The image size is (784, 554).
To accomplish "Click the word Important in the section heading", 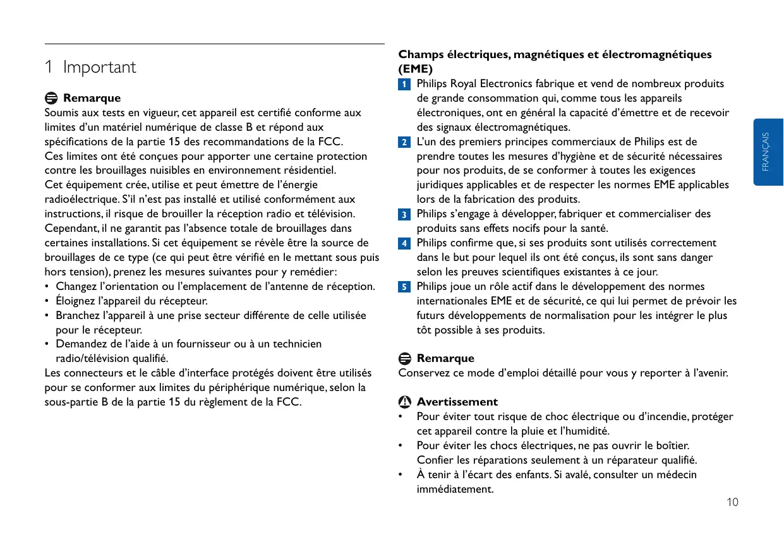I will pos(99,68).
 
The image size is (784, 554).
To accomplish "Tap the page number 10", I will pos(732,503).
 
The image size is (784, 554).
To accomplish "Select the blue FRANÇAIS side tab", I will pos(766,152).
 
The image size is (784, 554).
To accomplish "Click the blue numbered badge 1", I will pos(403,85).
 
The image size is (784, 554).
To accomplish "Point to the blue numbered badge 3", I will pos(403,215).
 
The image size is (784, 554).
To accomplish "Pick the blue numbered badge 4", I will pos(403,244).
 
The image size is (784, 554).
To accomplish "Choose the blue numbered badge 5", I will pos(403,287).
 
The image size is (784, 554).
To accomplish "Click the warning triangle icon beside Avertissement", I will pos(404,402).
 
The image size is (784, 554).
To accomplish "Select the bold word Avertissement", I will pos(457,402).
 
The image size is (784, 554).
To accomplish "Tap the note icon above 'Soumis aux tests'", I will pos(51,99).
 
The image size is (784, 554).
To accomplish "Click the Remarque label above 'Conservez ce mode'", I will pos(445,359).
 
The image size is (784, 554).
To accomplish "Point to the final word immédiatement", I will pos(455,490).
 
